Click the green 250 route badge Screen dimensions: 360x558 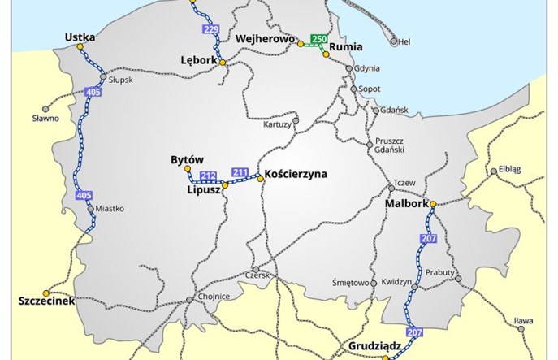coord(318,40)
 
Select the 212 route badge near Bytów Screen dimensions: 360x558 coord(208,176)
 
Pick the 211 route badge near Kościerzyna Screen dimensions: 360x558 coord(240,171)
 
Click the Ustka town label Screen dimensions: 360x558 coord(84,37)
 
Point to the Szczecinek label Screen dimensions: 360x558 coord(46,301)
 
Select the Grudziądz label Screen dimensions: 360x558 coord(376,345)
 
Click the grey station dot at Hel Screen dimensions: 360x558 coord(394,41)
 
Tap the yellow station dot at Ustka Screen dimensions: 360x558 coord(80,47)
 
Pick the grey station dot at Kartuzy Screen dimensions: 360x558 coord(296,122)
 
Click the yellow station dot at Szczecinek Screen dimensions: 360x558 coord(47,292)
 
